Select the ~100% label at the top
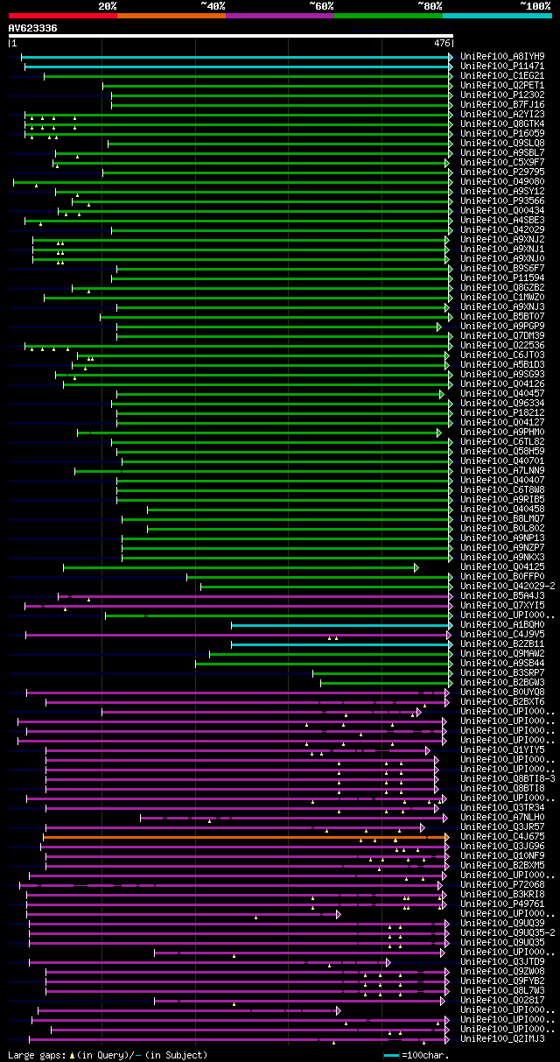[535, 5]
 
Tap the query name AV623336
[32, 28]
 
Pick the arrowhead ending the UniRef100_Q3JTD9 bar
[388, 962]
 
